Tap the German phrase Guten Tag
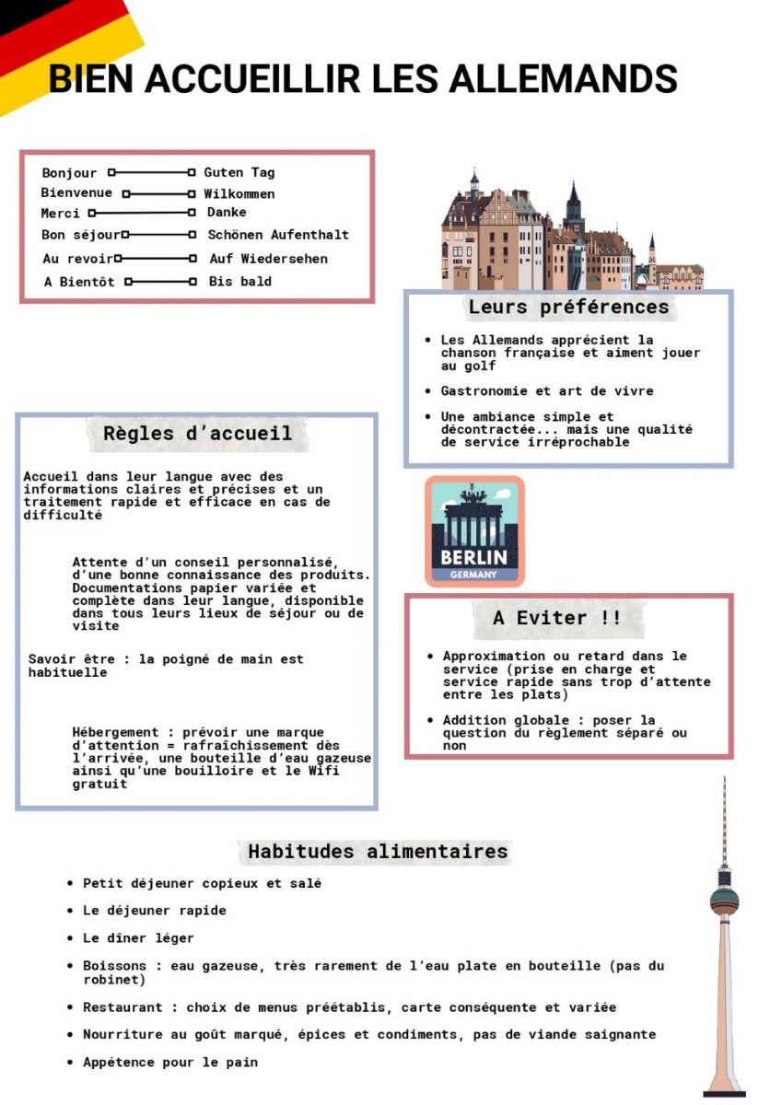coord(239,172)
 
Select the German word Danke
coord(227,213)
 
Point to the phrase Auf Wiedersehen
coord(268,259)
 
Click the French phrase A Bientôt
coord(79,282)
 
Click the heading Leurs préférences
coord(568,307)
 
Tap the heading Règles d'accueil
coord(197,433)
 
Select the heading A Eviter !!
coord(556,618)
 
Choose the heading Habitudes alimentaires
coord(378,852)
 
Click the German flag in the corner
coord(55,46)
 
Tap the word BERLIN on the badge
coord(473,557)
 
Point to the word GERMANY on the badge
coord(473,576)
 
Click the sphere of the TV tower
coord(724,900)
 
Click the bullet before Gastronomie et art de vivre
coord(428,391)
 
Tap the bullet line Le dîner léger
coord(138,938)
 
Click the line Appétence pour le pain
coord(170,1062)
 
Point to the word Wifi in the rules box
coord(321,771)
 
